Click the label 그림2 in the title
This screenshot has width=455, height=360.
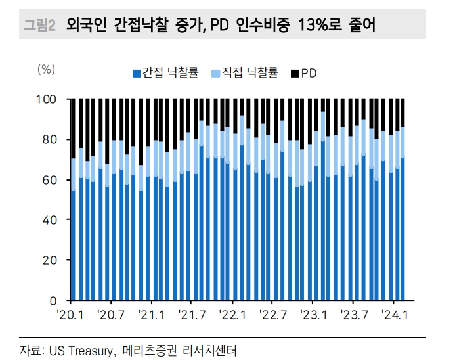pos(39,26)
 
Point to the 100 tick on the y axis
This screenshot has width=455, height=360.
pos(50,99)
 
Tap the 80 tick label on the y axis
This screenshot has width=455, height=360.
pos(53,139)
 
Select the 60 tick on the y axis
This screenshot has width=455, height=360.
pos(53,179)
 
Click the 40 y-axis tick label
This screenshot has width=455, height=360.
pos(53,220)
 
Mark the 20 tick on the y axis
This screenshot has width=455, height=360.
pos(53,260)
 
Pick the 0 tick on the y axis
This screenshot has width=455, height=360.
pos(56,300)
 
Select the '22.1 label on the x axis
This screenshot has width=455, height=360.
pos(232,315)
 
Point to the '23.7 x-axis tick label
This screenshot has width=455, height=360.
pos(355,315)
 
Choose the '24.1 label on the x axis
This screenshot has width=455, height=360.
pos(395,315)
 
